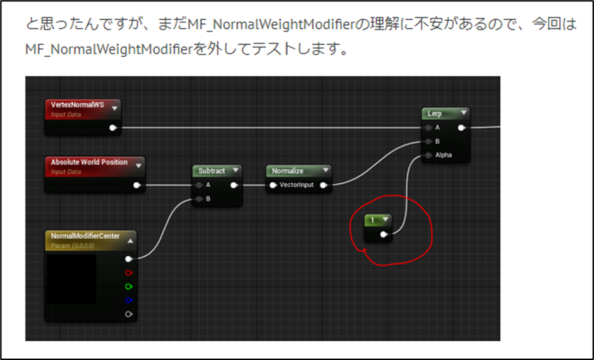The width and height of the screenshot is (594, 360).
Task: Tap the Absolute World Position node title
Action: click(89, 162)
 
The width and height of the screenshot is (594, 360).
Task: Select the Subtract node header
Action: click(212, 170)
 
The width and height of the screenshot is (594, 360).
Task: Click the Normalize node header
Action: click(288, 170)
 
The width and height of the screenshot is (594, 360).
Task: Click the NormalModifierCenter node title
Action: click(85, 236)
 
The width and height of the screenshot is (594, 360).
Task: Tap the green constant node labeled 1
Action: click(374, 220)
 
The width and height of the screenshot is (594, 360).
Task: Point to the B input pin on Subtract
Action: click(199, 199)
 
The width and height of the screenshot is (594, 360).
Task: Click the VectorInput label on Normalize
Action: click(297, 185)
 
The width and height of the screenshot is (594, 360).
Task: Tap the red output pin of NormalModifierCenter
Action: click(129, 272)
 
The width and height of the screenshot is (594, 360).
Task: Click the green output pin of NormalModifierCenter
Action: click(129, 286)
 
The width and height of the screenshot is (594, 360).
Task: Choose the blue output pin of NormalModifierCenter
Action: click(129, 300)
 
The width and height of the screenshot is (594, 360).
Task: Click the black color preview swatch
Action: click(72, 279)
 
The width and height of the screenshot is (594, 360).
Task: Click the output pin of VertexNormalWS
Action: click(113, 128)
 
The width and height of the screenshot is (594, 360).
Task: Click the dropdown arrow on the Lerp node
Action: click(463, 113)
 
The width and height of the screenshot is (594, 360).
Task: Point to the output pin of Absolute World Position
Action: click(137, 185)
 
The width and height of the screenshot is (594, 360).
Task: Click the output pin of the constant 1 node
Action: click(383, 236)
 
